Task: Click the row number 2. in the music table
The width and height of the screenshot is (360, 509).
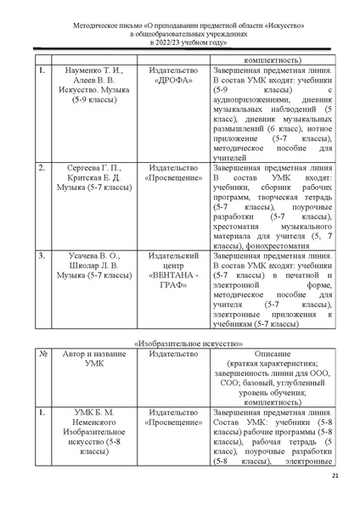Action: [x=42, y=170]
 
